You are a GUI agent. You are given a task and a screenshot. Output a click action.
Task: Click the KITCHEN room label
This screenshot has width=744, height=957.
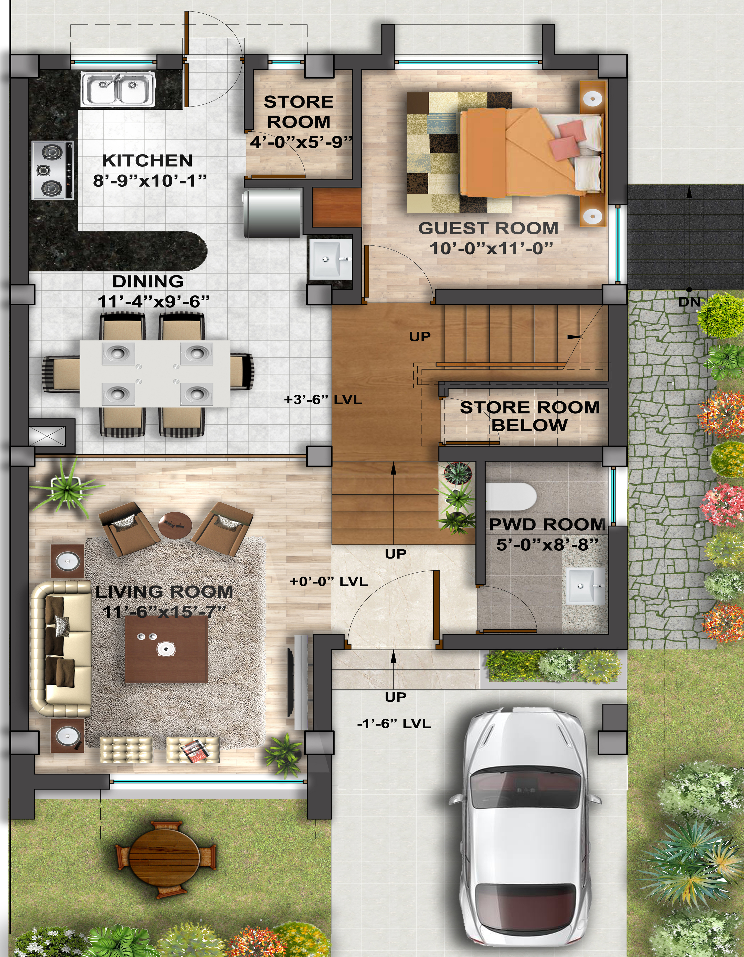tap(147, 160)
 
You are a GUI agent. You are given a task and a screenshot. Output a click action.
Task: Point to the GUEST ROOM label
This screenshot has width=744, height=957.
tap(488, 228)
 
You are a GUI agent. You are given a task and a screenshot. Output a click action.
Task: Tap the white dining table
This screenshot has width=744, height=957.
tap(155, 373)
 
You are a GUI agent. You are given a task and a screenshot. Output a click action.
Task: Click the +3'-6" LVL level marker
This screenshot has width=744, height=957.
tap(323, 400)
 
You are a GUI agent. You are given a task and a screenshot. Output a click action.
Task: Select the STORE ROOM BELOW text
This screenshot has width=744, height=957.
tap(530, 416)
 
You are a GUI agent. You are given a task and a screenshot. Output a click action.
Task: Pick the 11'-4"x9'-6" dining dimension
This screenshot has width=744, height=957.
tap(154, 301)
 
